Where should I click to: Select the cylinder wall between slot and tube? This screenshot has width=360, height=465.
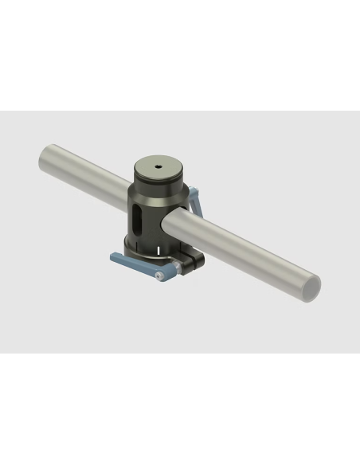coord(155,215)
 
